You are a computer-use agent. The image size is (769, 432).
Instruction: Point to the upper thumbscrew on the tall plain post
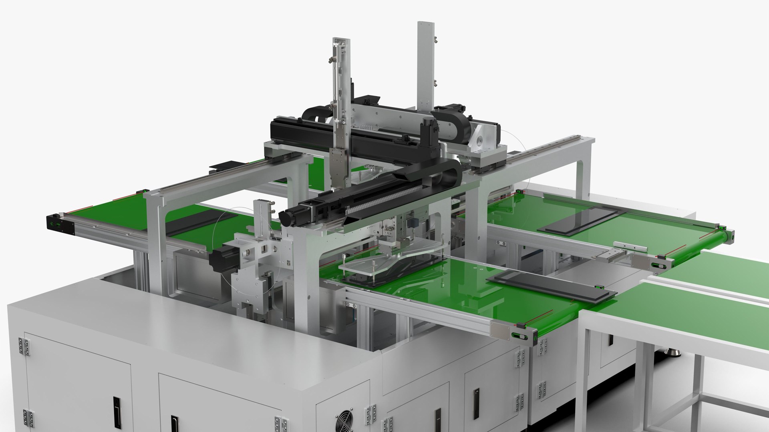pyautogui.click(x=435, y=40)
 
